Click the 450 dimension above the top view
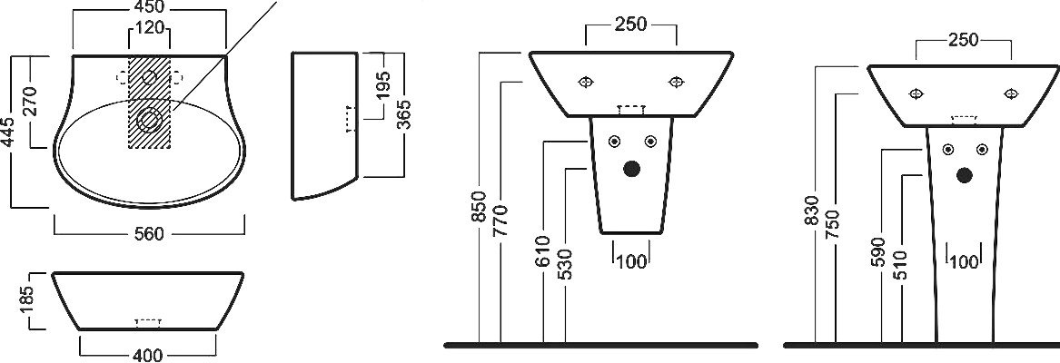point(149,7)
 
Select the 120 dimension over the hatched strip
point(149,28)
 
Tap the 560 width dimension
point(149,234)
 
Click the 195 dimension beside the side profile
point(383,86)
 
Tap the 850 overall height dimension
point(480,206)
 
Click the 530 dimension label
point(566,264)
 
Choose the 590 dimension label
point(879,253)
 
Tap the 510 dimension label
point(900,265)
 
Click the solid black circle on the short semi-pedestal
point(632,169)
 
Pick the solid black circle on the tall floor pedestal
point(965,175)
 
